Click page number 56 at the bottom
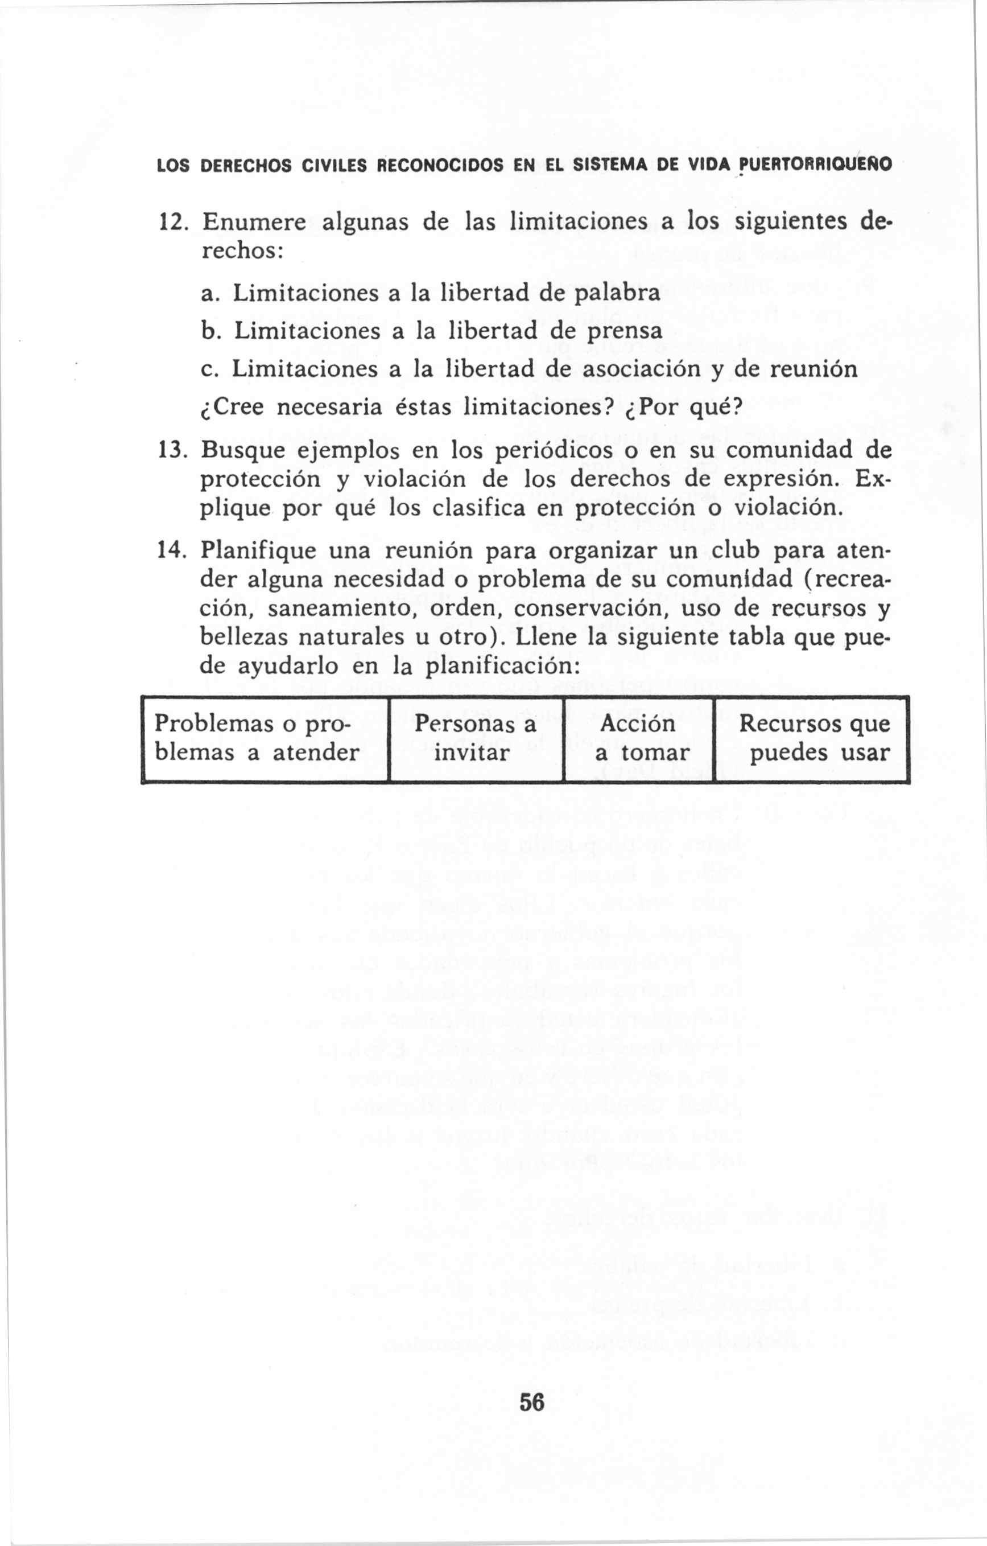tap(532, 1383)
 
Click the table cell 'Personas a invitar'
tap(475, 738)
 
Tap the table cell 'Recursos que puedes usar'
tap(813, 738)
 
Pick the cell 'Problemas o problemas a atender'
tap(257, 738)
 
